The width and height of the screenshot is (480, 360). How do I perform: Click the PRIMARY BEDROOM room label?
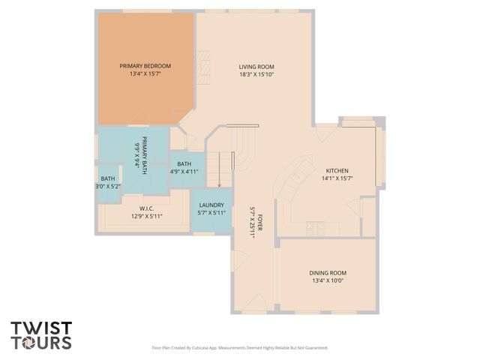tap(145, 66)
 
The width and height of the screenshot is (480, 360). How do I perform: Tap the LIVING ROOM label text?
tap(256, 66)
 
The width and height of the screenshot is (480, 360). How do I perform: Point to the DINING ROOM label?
tap(328, 273)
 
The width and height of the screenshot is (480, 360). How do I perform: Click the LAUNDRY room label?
tap(211, 205)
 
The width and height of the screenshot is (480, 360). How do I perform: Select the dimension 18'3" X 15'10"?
tap(256, 74)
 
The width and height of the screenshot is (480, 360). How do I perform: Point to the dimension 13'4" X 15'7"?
tap(145, 74)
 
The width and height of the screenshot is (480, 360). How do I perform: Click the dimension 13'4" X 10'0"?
tap(328, 281)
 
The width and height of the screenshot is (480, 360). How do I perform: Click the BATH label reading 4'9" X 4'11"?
tap(184, 168)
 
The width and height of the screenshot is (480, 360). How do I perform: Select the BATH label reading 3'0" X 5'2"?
tap(108, 182)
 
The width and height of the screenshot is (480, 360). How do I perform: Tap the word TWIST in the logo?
tap(41, 328)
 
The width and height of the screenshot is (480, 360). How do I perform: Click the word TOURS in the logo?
tap(41, 343)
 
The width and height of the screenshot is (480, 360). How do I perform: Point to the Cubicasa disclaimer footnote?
tap(240, 348)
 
